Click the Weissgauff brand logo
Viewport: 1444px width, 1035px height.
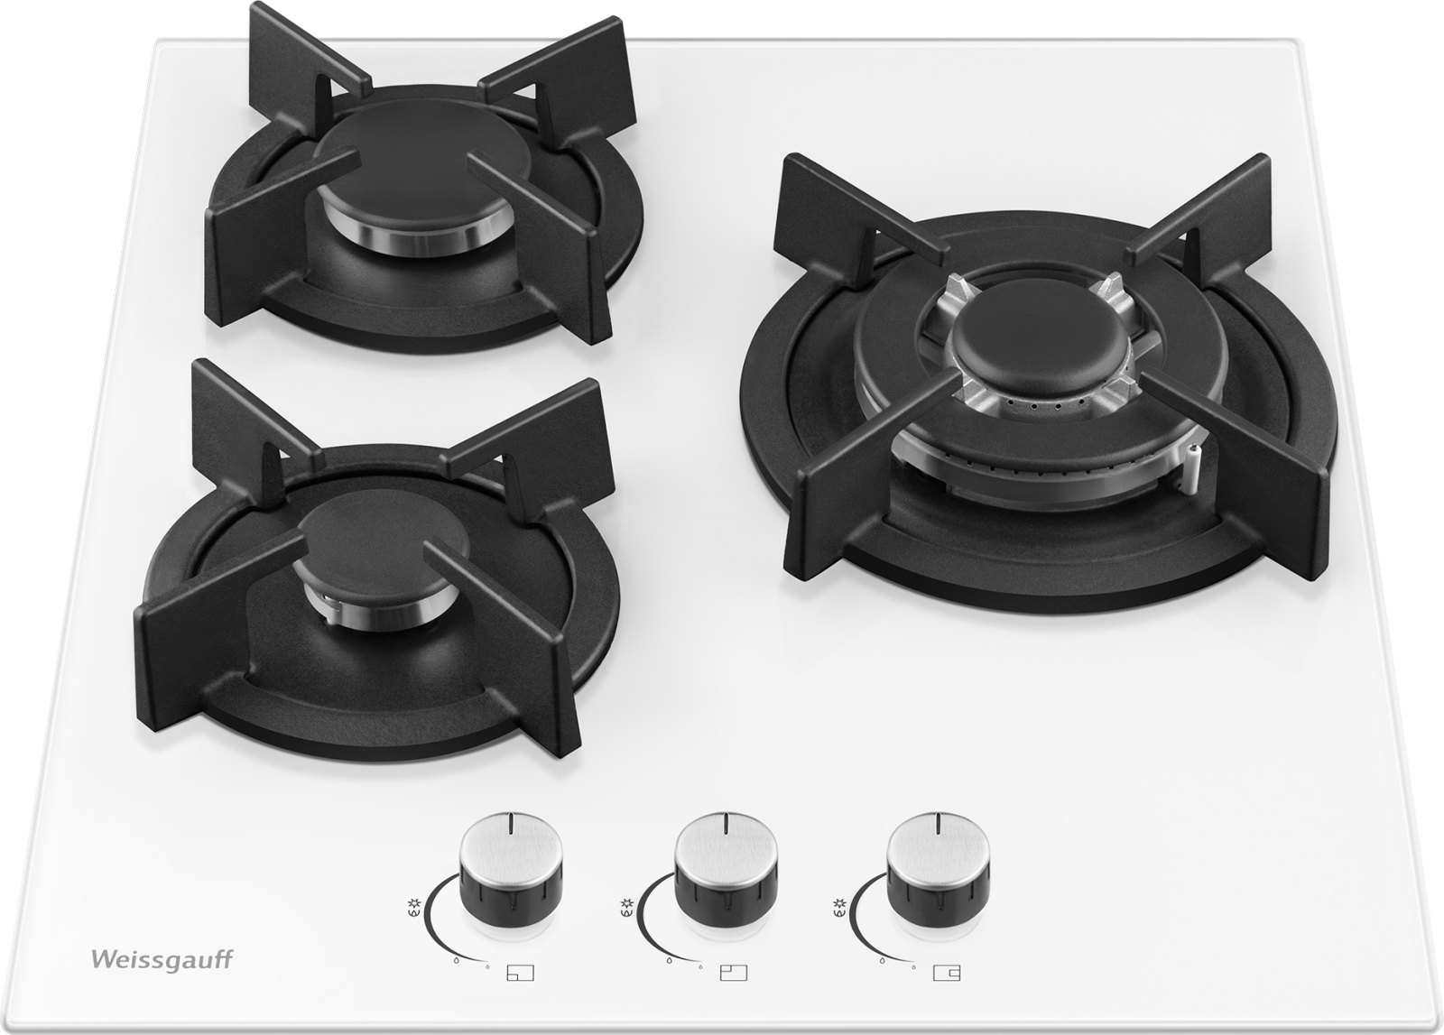click(x=162, y=959)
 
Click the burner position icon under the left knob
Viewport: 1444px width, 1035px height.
click(x=520, y=991)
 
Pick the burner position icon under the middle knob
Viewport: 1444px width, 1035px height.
click(x=734, y=991)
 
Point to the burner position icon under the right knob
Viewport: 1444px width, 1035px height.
click(x=947, y=991)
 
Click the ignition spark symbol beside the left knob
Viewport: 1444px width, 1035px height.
click(x=413, y=904)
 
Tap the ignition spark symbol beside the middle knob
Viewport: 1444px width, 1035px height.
click(x=626, y=904)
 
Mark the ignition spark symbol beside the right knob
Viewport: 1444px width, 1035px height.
click(x=838, y=904)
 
